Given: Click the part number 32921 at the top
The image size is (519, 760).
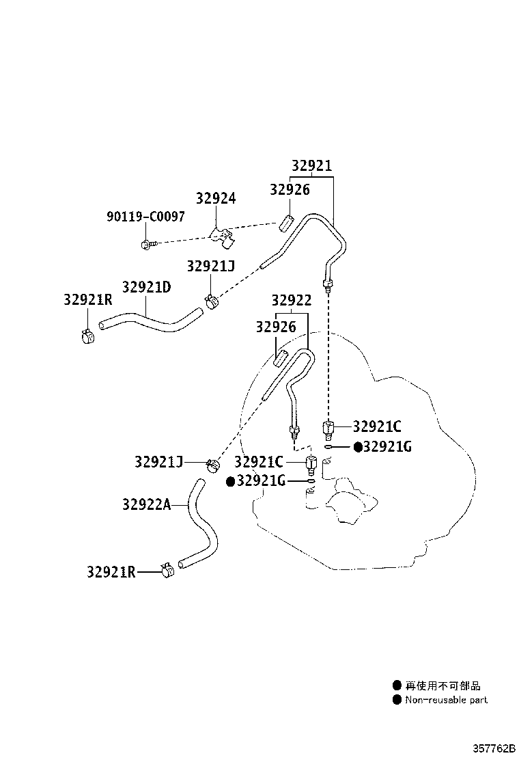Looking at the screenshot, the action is coord(312,166).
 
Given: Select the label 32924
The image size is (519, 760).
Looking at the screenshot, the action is coord(216,198).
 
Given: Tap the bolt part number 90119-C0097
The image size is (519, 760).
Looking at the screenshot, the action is coord(145,216).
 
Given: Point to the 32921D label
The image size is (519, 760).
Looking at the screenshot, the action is coord(146,287).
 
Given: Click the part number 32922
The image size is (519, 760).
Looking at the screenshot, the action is coord(292,301).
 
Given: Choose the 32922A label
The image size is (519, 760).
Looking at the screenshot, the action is coord(147,504).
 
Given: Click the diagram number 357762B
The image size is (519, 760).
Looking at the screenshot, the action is coord(494,748).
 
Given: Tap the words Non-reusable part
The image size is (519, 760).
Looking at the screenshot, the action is coord(447,699).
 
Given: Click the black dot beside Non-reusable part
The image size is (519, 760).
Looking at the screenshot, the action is coord(397,699).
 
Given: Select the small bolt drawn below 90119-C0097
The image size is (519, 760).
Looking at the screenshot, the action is coord(148,244).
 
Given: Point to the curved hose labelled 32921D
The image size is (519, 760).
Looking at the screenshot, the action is coord(150,321).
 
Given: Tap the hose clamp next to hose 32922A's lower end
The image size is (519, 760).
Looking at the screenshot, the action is coord(167,570).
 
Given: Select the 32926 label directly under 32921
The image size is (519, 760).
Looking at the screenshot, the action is coord(290,189).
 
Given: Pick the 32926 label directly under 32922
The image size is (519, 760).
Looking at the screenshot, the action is coord(276,327).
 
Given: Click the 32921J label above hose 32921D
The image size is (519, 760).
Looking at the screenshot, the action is coord(210,266).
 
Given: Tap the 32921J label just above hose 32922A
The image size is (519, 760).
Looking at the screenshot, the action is coord(159,462).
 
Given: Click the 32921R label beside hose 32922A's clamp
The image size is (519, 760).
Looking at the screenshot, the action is coord(111,572).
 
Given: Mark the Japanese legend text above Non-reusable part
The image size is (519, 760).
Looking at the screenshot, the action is coord(443,686).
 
